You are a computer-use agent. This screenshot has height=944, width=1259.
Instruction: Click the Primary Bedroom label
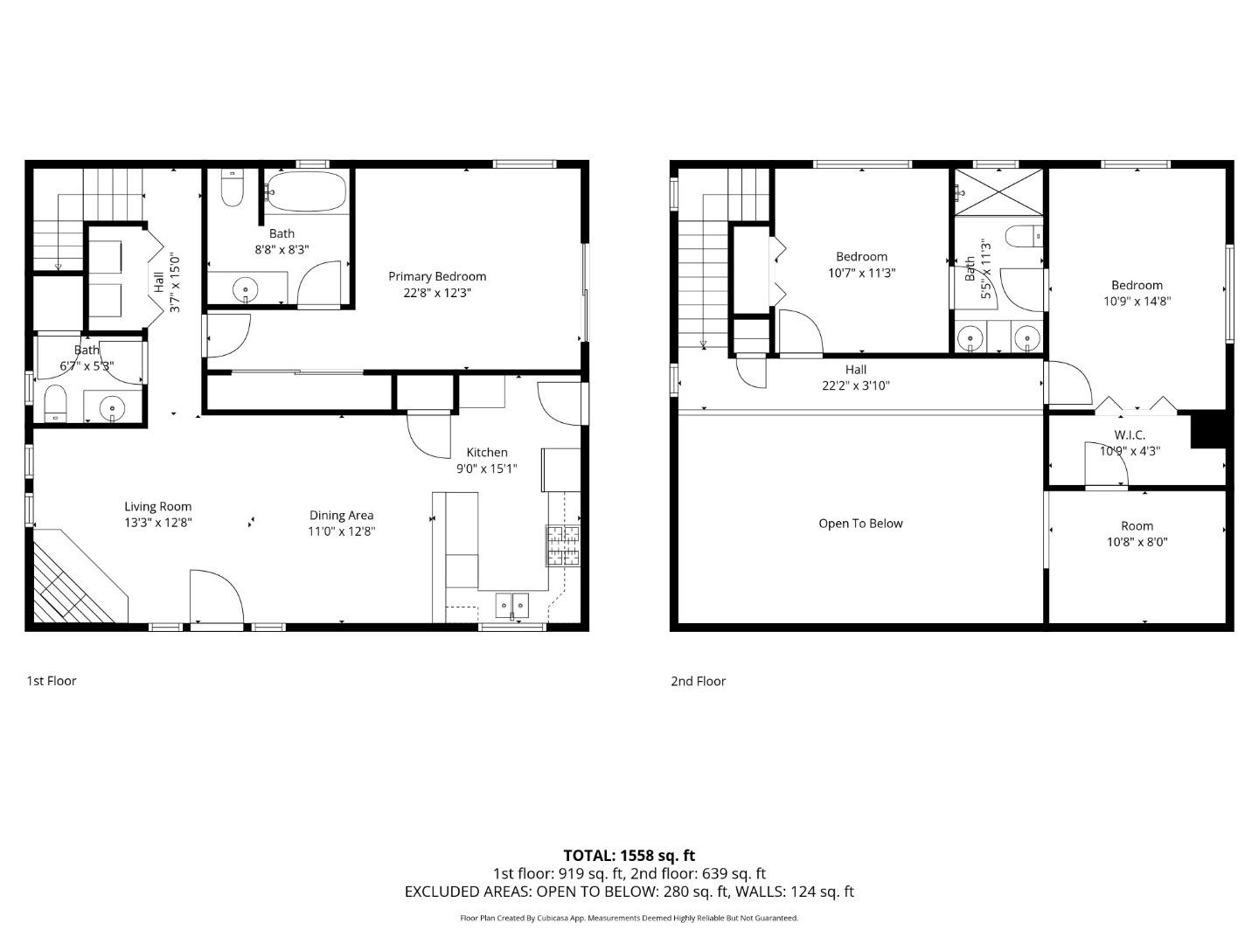pos(437,276)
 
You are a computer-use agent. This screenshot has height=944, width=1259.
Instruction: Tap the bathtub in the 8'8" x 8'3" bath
pos(305,191)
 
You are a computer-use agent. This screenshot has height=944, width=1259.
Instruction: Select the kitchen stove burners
pos(563,544)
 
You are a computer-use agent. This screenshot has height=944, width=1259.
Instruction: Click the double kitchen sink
pos(511,604)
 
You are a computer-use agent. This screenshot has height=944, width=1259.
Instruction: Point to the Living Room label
pos(157,506)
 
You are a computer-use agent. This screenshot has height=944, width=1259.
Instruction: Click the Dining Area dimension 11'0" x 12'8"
pos(341,531)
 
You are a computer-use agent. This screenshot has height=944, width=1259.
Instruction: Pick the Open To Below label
pos(860,524)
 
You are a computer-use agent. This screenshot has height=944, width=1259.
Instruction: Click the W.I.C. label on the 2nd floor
pos(1130,434)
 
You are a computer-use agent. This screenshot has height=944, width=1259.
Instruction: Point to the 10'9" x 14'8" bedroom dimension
pos(1137,301)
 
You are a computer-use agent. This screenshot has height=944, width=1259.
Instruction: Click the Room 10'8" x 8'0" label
pos(1137,526)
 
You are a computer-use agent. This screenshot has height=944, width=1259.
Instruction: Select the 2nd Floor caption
pos(698,681)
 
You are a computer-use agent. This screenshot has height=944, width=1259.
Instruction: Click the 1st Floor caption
pos(51,680)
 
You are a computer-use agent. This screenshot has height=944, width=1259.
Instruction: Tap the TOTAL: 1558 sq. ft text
pos(629,855)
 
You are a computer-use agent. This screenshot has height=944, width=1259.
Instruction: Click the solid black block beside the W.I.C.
pos(1209,429)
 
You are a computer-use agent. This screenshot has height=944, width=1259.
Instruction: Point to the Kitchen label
pos(487,452)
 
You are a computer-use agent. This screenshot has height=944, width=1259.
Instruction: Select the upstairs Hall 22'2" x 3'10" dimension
pos(856,385)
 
